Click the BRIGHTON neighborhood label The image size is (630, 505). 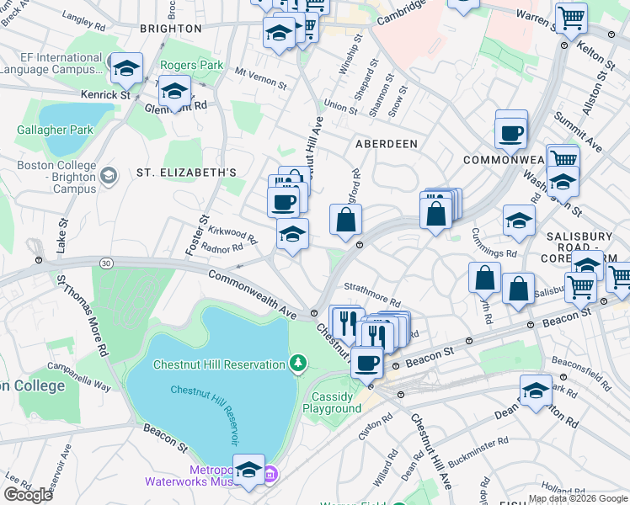(171, 28)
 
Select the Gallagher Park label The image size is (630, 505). (55, 130)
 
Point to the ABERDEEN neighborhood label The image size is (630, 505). (386, 144)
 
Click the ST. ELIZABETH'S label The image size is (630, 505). (186, 173)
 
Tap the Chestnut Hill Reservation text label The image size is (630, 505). (219, 364)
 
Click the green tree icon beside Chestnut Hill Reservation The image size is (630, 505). (296, 364)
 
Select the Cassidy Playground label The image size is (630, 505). (337, 402)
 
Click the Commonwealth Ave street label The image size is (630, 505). (253, 294)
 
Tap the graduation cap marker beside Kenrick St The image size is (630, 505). (126, 69)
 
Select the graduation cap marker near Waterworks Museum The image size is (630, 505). (248, 470)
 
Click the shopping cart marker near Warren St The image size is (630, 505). (572, 17)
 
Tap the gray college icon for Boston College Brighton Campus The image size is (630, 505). (108, 177)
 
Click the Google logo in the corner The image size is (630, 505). (28, 495)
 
